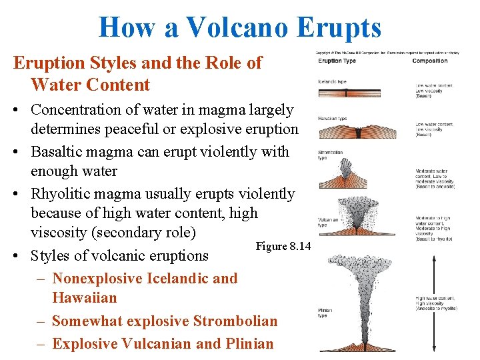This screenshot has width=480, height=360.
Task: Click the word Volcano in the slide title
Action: point(237,27)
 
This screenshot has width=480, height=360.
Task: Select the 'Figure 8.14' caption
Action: point(283,247)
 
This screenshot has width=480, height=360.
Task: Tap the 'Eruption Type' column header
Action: point(337,61)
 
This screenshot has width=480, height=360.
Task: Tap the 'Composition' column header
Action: point(430,61)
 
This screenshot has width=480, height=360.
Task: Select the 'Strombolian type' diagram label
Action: point(330,155)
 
